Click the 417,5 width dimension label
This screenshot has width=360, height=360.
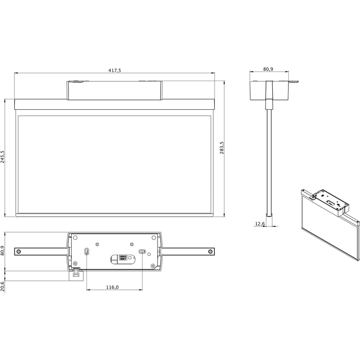click(115, 70)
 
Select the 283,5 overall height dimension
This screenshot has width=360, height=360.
click(222, 148)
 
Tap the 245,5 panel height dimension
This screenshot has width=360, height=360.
click(2, 157)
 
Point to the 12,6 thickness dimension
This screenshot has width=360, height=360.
click(260, 224)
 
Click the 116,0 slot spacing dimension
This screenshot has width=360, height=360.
click(112, 287)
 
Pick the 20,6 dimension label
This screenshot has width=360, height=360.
click(2, 286)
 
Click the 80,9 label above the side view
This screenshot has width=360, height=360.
click(268, 69)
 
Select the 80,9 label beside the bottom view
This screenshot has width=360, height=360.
click(2, 251)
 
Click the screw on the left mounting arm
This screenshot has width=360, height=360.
click(19, 252)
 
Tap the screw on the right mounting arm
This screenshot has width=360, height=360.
click(210, 252)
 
